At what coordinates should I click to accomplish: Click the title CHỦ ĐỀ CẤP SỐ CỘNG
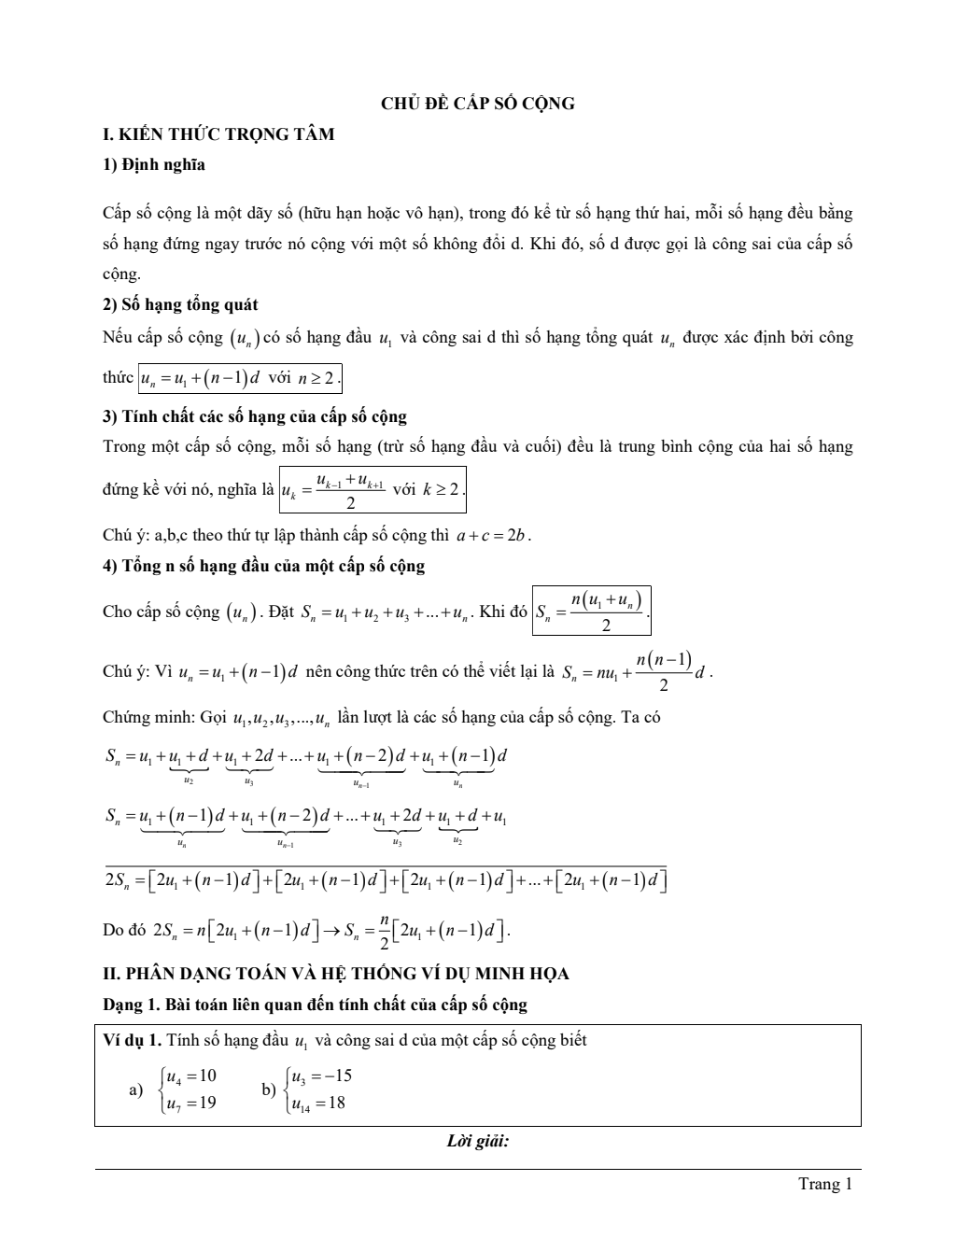pyautogui.click(x=477, y=104)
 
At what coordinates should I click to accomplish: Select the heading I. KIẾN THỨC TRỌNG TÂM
pyautogui.click(x=218, y=134)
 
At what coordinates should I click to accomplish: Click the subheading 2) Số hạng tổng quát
pyautogui.click(x=180, y=305)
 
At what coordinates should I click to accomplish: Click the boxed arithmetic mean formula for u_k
pyautogui.click(x=373, y=489)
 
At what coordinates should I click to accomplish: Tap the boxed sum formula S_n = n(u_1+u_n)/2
pyautogui.click(x=591, y=611)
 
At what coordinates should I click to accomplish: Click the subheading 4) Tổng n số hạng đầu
pyautogui.click(x=263, y=566)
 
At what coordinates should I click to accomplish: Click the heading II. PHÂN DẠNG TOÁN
pyautogui.click(x=335, y=974)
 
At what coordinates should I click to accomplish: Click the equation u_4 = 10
pyautogui.click(x=190, y=1076)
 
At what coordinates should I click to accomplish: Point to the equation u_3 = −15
pyautogui.click(x=321, y=1076)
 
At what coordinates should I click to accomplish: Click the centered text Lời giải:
pyautogui.click(x=477, y=1141)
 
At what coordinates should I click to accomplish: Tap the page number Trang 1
pyautogui.click(x=825, y=1184)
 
